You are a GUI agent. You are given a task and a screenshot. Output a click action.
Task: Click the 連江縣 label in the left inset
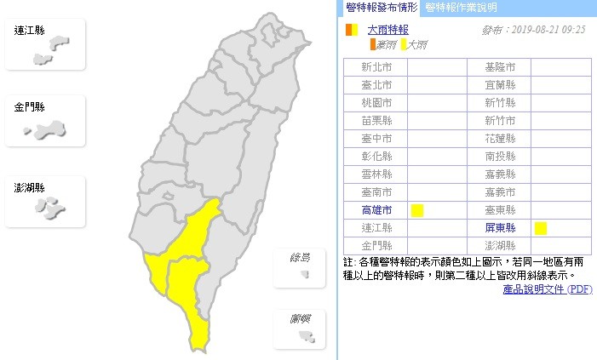click(x=29, y=31)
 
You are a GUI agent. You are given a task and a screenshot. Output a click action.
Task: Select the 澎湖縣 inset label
click(x=29, y=186)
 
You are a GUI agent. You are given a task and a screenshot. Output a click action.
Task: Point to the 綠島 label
click(x=300, y=258)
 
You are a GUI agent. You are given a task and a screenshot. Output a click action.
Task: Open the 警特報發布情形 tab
click(x=382, y=8)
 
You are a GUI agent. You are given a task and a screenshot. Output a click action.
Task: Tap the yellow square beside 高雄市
click(x=417, y=210)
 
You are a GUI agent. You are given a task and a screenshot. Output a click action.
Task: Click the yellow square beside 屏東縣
click(x=540, y=227)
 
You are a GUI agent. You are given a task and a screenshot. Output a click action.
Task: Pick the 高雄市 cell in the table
click(x=376, y=210)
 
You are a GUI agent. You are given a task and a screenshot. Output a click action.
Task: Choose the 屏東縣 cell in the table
click(x=500, y=228)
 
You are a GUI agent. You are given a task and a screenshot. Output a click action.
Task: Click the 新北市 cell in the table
click(x=376, y=67)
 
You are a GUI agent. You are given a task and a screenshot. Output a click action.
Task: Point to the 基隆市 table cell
click(x=500, y=67)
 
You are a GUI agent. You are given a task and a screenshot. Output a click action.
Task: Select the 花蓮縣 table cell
click(x=500, y=139)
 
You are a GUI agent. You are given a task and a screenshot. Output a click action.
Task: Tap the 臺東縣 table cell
click(x=500, y=210)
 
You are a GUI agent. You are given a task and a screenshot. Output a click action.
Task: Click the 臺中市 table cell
click(x=376, y=139)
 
